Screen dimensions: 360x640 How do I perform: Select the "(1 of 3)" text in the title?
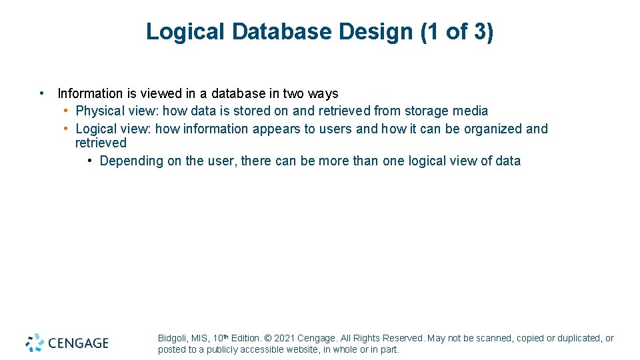pyautogui.click(x=457, y=31)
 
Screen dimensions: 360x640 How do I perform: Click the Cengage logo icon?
pyautogui.click(x=35, y=343)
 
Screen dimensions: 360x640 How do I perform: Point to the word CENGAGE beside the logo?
pyautogui.click(x=78, y=343)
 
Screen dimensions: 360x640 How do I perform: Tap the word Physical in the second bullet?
pyautogui.click(x=99, y=111)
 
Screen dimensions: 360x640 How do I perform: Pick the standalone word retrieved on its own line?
pyautogui.click(x=101, y=143)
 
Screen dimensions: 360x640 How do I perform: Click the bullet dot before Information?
pyautogui.click(x=42, y=93)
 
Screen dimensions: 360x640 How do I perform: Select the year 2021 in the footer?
pyautogui.click(x=284, y=339)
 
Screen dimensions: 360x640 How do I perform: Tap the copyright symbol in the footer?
pyautogui.click(x=267, y=339)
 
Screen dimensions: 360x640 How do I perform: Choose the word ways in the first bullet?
pyautogui.click(x=323, y=93)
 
